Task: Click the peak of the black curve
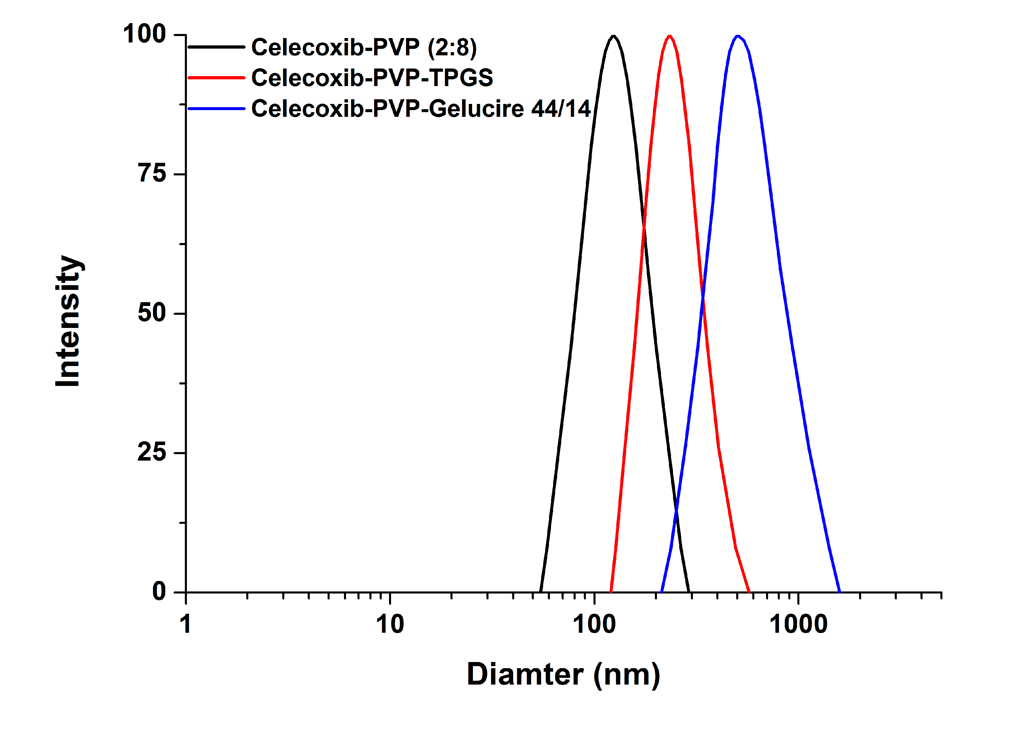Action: point(613,36)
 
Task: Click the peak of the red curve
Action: point(670,36)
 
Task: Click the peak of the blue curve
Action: point(738,36)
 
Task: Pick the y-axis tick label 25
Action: point(152,452)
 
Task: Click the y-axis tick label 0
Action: point(159,591)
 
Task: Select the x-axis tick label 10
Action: point(390,625)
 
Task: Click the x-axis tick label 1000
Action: point(799,625)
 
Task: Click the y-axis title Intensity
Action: point(68,321)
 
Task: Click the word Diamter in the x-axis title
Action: point(525,675)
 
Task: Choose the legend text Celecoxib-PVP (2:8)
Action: point(364,47)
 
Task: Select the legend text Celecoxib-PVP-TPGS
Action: point(372,78)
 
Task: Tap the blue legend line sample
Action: point(216,109)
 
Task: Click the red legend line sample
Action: point(216,78)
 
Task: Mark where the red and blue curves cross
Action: point(703,298)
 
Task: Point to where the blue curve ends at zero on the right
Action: point(839,591)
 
